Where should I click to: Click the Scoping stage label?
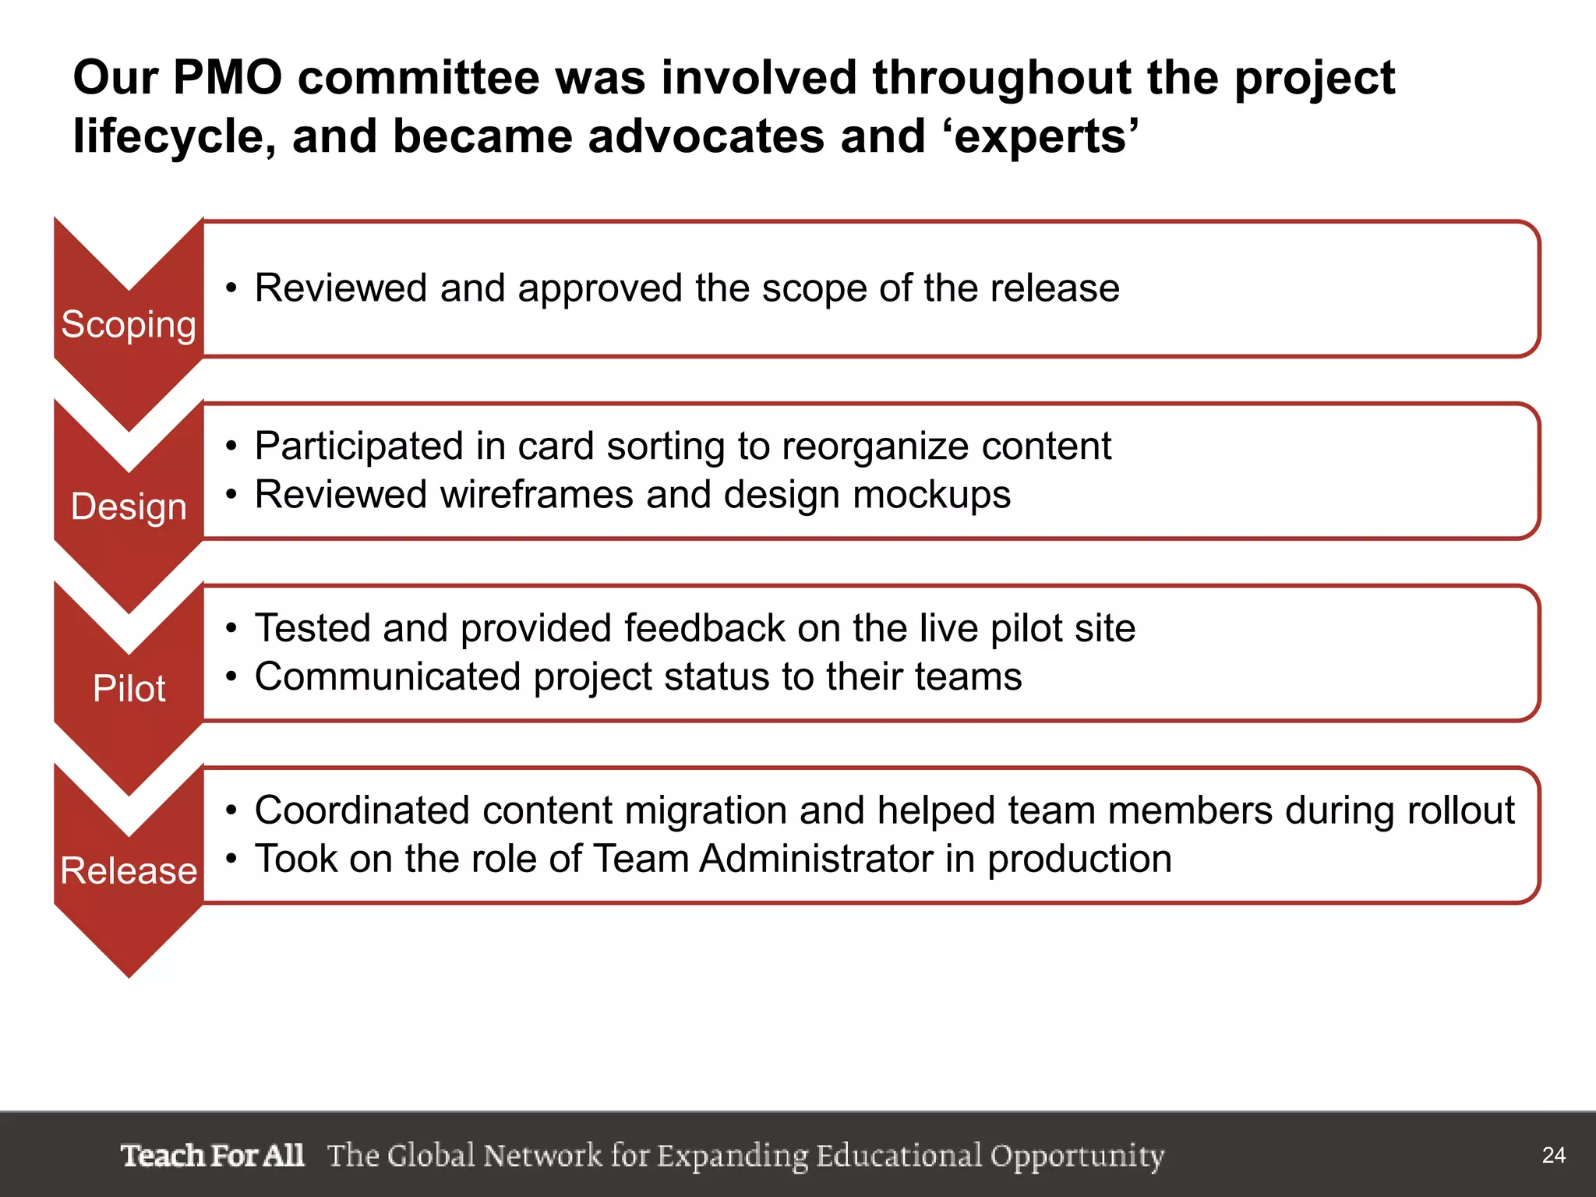(x=129, y=324)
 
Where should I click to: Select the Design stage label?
(x=129, y=507)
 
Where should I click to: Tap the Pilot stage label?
(x=129, y=689)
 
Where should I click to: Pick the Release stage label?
(x=129, y=870)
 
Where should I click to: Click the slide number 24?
(x=1553, y=1155)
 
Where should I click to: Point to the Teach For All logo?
(x=212, y=1155)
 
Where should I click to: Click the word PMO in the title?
(x=227, y=78)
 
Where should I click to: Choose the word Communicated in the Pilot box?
(x=387, y=676)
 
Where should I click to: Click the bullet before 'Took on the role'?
(x=231, y=860)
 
